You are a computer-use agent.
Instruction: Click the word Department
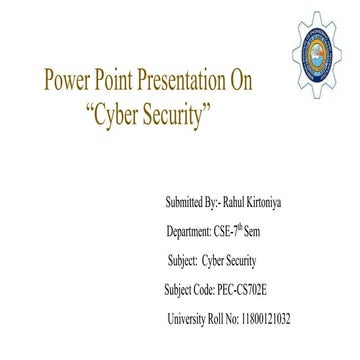(193, 231)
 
